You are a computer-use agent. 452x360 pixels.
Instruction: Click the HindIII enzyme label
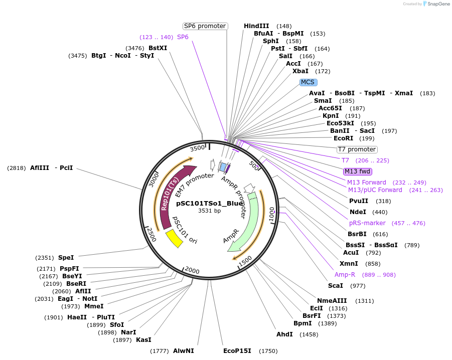[x=256, y=26]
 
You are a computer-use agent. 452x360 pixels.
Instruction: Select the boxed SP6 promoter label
[x=205, y=26]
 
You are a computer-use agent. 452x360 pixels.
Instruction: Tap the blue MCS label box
[x=309, y=82]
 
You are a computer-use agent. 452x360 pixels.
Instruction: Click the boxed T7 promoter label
[x=357, y=149]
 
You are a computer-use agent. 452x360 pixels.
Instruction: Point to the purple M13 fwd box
[x=357, y=171]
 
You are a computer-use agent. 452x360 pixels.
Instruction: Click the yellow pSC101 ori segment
[x=174, y=238]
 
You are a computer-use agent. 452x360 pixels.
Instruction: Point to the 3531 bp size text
[x=209, y=211]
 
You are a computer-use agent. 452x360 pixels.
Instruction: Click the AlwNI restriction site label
[x=183, y=351]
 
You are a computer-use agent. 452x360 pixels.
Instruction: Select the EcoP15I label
[x=237, y=351]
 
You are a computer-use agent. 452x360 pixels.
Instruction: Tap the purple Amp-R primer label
[x=345, y=275]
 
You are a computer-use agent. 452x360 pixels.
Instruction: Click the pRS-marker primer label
[x=367, y=223]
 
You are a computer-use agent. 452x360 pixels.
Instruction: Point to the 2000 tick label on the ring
[x=192, y=270]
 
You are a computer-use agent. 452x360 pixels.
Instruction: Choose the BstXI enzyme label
[x=158, y=48]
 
